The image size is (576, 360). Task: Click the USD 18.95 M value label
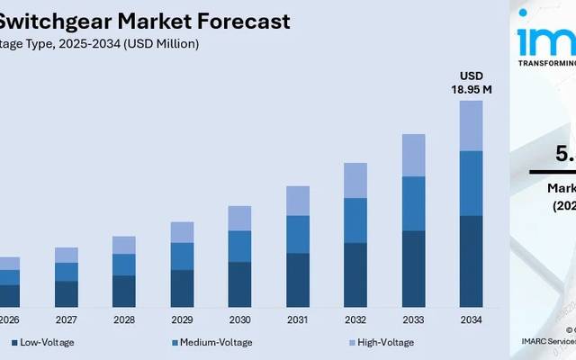(471, 83)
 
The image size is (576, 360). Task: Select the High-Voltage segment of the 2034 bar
(471, 125)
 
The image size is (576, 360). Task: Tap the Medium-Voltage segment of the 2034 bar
(471, 183)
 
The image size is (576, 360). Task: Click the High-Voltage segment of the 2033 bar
(413, 155)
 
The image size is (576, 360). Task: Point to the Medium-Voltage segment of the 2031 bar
(298, 234)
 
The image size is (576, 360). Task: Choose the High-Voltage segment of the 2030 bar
(240, 218)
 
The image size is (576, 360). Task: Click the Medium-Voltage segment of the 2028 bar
(124, 265)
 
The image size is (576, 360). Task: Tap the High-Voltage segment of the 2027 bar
(67, 255)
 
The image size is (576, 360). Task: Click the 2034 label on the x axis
(471, 320)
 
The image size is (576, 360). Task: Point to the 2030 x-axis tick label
(240, 320)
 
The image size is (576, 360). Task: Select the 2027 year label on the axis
(67, 320)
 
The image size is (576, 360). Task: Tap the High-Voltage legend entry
(384, 343)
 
